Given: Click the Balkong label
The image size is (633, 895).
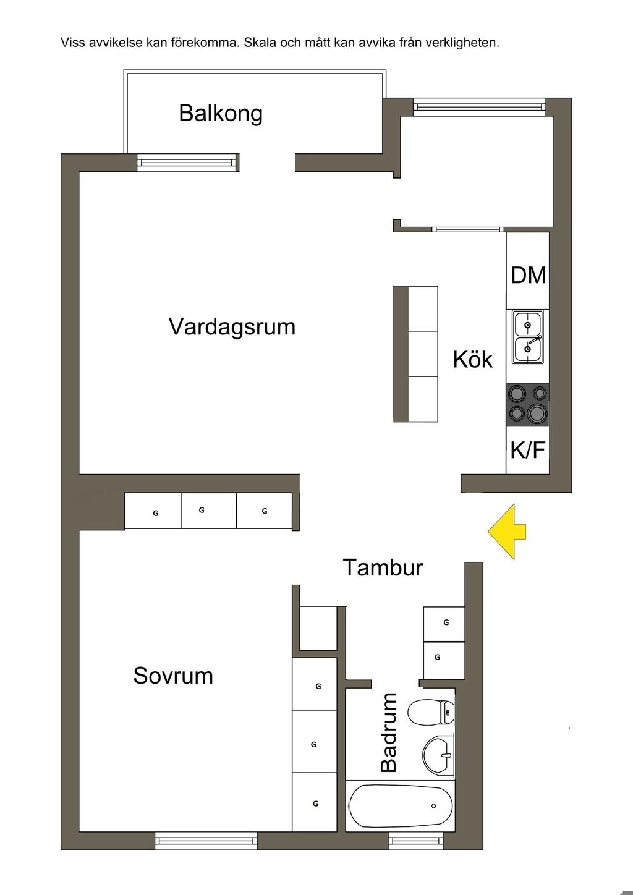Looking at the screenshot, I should point(221,114).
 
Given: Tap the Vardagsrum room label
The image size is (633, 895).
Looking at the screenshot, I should point(232,326).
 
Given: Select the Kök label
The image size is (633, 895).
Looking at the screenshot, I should point(472,359).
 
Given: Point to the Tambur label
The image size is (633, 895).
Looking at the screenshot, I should point(383,567).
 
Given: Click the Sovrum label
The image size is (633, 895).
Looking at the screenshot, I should point(173,676).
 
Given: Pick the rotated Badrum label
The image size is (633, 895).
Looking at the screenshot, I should point(389,732).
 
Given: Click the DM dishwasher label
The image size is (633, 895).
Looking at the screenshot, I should point(529,275).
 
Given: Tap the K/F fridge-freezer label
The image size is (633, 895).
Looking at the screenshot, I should point(528,450).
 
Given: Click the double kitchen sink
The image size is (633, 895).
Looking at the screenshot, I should point(527,337).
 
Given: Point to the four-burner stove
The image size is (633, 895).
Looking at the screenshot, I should point(528,404).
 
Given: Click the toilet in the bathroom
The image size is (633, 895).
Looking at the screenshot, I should point(431,712).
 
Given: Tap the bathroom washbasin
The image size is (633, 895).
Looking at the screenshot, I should point(438,755).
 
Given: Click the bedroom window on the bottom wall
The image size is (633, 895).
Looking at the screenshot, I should point(205,840).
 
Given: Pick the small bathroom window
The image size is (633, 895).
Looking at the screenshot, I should point(416,840).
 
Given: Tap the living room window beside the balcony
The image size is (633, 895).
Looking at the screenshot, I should point(187,163).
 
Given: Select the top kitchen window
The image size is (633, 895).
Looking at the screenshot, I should point(479,106).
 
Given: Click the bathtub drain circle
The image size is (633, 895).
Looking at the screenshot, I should point(433,806).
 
